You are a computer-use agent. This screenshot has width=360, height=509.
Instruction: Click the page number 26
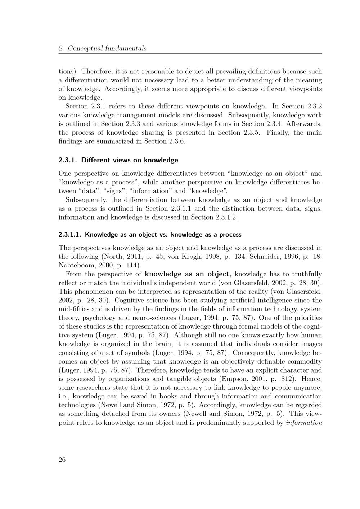tap(62, 460)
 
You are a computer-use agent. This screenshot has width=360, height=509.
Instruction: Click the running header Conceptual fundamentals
tap(107, 48)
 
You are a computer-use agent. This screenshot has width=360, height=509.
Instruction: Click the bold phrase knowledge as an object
tap(187, 274)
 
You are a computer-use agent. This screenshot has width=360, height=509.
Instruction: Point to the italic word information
tap(304, 423)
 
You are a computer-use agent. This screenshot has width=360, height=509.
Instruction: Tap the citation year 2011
tap(127, 257)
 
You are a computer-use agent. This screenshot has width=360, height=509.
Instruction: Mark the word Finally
tap(279, 132)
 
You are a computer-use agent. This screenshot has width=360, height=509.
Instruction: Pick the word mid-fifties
tap(74, 309)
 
